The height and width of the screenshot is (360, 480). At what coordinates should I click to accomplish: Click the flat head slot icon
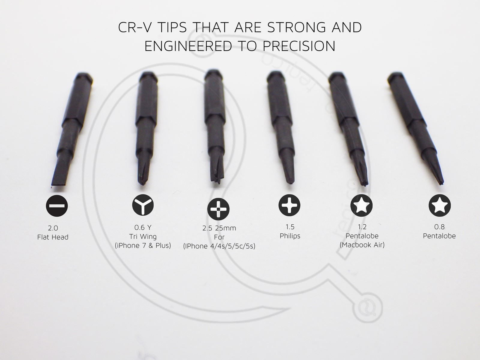pos(57,206)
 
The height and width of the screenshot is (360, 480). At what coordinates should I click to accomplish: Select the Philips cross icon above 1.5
pos(289,205)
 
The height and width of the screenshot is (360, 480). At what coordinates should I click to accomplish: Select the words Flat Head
pos(53,237)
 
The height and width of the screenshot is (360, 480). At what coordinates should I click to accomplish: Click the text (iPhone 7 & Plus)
pos(143,245)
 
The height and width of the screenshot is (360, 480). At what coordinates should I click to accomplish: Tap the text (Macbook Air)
pos(362,245)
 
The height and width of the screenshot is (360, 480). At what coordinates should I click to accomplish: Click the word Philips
pos(290,236)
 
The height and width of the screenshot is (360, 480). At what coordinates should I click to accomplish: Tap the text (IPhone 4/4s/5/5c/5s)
pos(219,246)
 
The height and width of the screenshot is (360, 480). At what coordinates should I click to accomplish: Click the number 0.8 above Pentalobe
pos(439,227)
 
